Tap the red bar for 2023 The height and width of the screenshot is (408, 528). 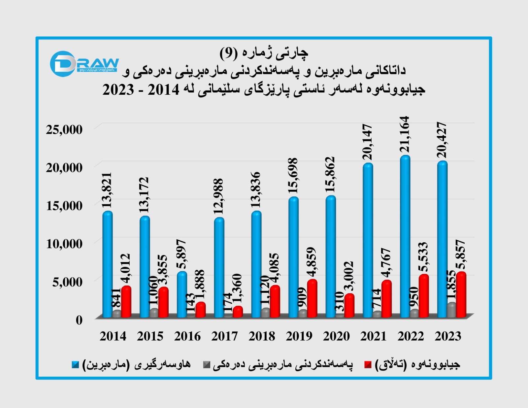(x=461, y=294)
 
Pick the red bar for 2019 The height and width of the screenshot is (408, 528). (x=312, y=298)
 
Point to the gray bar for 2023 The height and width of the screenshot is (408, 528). (x=451, y=310)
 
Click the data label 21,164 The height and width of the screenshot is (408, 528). (x=405, y=135)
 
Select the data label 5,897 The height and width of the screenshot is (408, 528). (x=181, y=254)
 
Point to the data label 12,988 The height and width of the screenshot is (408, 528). (x=219, y=196)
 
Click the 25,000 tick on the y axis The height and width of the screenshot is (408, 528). (x=64, y=130)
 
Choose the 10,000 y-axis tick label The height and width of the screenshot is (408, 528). (x=64, y=244)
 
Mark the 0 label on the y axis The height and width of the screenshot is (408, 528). (x=79, y=320)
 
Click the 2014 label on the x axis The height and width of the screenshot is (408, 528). (x=113, y=336)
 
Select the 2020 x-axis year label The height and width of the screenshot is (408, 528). (x=336, y=336)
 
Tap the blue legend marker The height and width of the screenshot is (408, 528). (x=76, y=365)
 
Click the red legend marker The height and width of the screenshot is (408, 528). (x=368, y=365)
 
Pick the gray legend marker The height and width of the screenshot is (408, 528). (x=207, y=365)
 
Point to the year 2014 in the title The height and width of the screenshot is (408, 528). (x=163, y=90)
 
